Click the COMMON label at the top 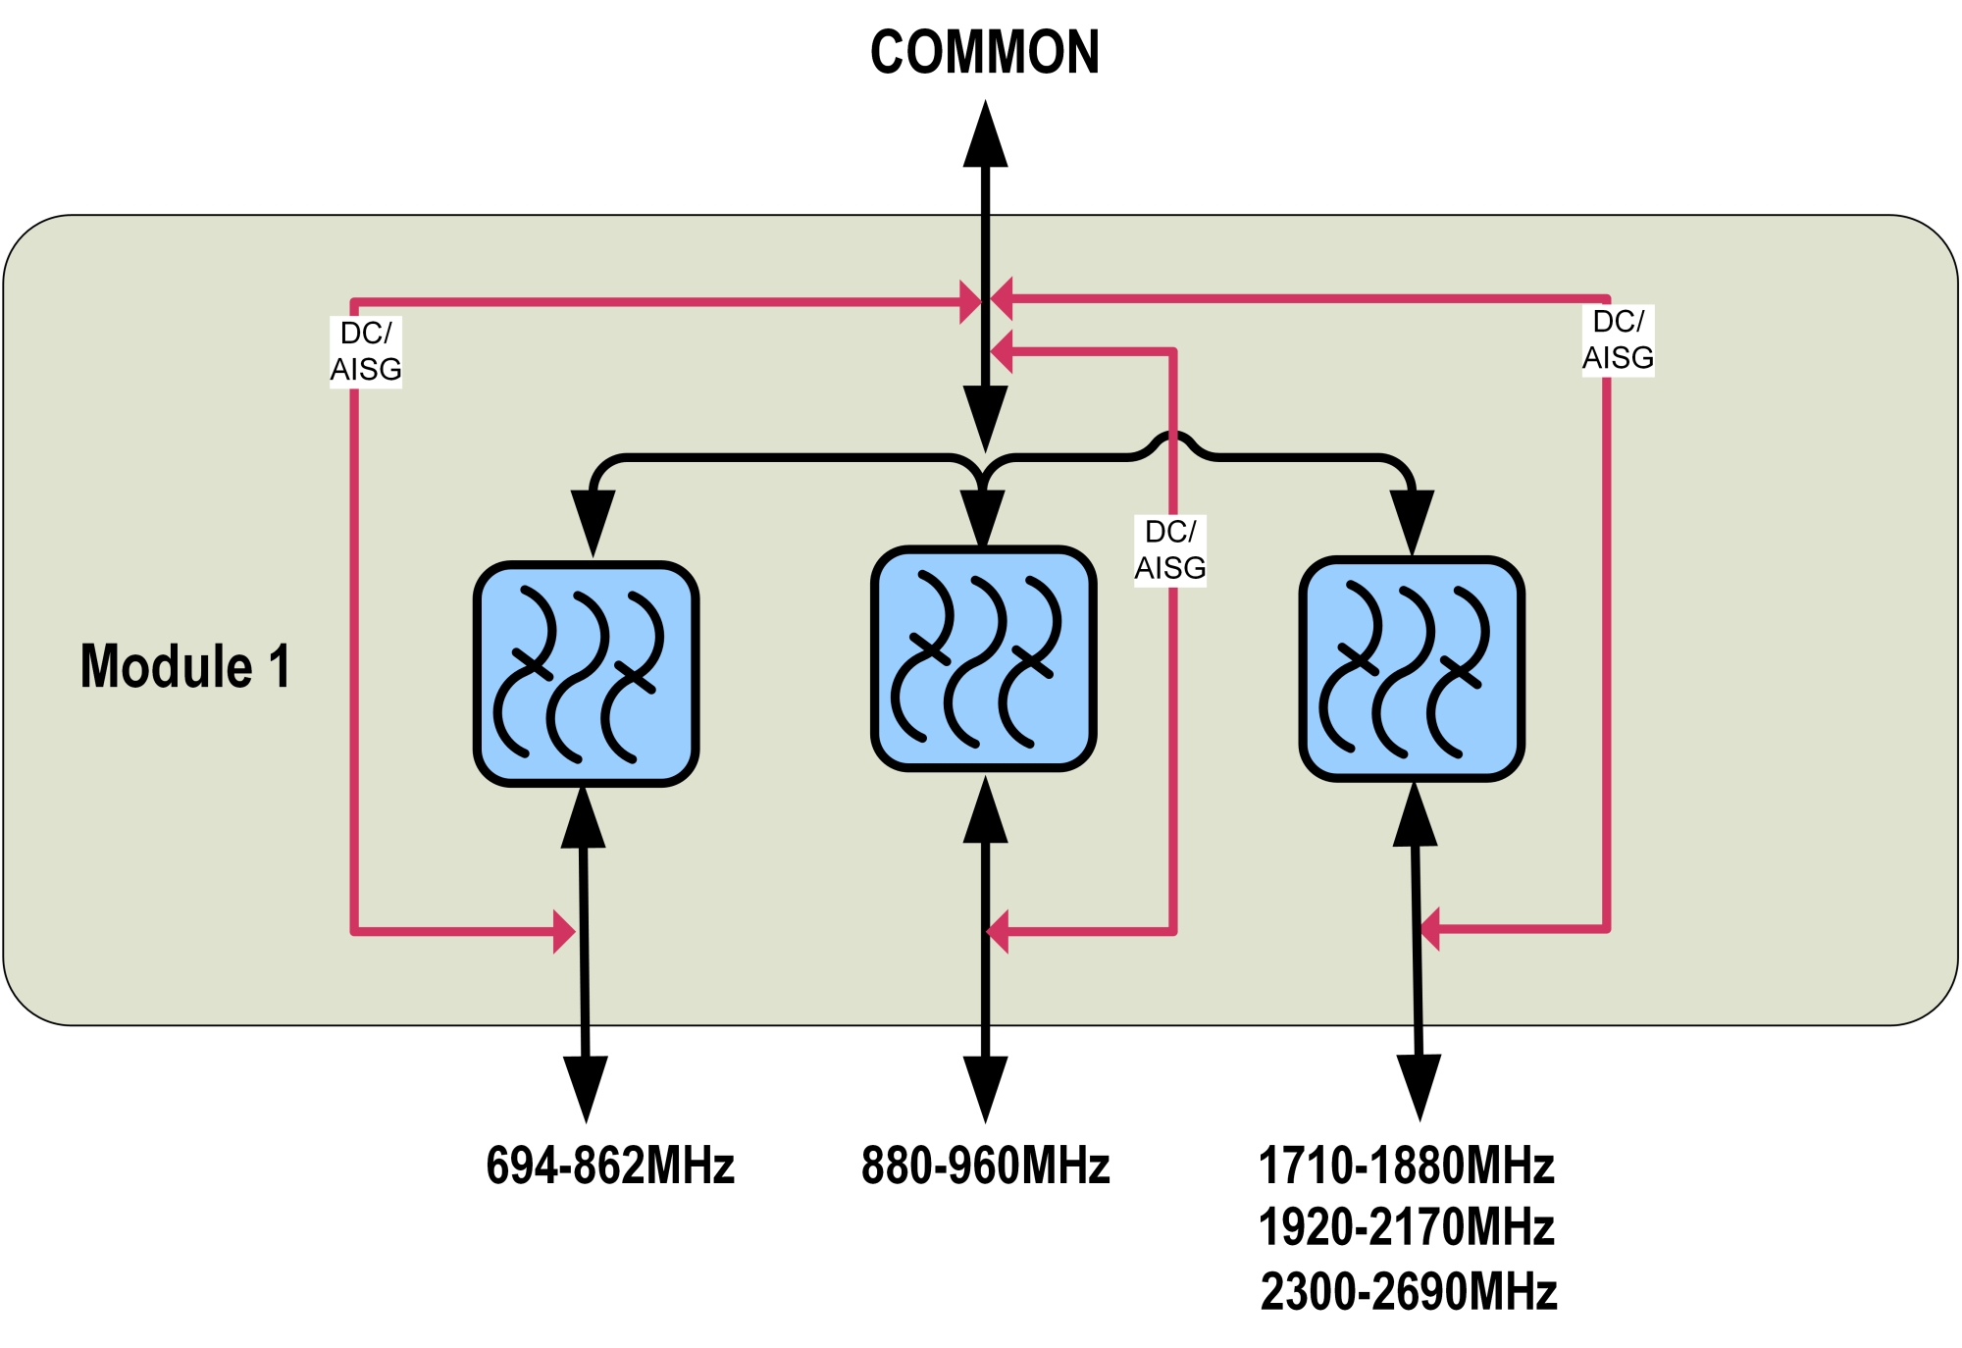[x=985, y=53]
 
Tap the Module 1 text [x=185, y=666]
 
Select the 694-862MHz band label [x=610, y=1166]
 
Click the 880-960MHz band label [x=985, y=1166]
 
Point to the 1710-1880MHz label [x=1406, y=1166]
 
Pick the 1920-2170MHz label [x=1406, y=1227]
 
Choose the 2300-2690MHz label [x=1408, y=1291]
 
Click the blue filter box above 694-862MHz [x=586, y=674]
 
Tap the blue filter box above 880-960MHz [x=984, y=658]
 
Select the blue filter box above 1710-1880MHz [x=1412, y=669]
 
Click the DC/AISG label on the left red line [x=366, y=351]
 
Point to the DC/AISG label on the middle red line [x=1170, y=549]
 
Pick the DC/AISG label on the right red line [x=1618, y=339]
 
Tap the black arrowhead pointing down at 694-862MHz [x=586, y=1087]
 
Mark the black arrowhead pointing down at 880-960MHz [x=985, y=1087]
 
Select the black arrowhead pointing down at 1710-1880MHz [x=1420, y=1086]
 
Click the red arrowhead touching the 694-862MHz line [x=564, y=931]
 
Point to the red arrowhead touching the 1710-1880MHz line [x=1430, y=928]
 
